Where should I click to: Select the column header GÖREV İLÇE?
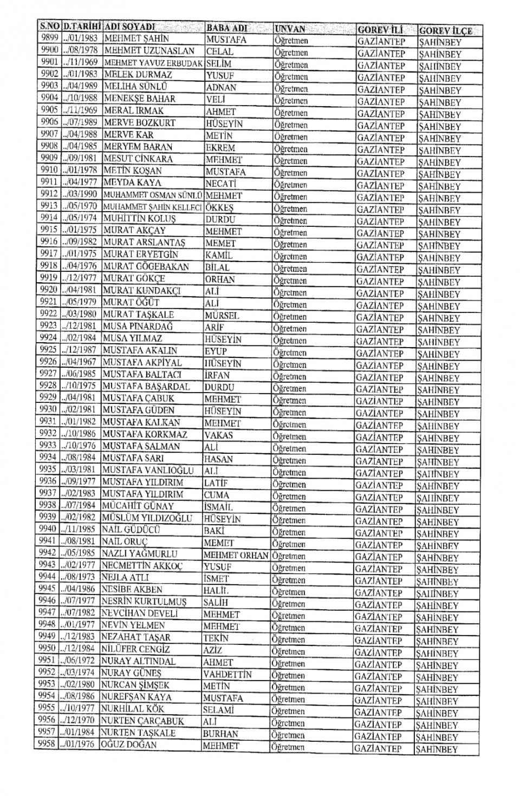445,30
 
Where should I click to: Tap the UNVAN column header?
290,29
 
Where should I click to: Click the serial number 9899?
49,38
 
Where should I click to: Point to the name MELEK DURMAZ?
138,75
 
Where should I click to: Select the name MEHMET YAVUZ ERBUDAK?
153,63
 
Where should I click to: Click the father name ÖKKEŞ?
219,208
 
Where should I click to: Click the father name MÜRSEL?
222,315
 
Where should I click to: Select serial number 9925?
48,350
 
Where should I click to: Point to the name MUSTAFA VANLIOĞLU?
147,470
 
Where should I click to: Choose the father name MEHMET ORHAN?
236,555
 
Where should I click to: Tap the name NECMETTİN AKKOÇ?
142,566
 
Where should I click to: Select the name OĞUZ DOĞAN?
129,745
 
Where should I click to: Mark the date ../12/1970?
78,720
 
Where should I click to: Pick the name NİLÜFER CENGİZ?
135,649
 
